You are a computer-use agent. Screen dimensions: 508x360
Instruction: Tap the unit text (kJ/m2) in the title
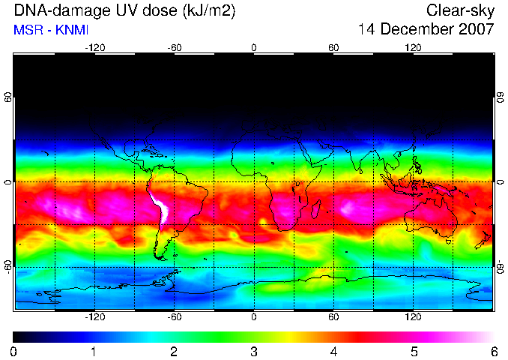click(209, 10)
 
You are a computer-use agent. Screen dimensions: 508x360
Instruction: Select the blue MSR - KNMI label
click(51, 30)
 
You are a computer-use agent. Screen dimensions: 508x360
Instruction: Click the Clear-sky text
click(460, 10)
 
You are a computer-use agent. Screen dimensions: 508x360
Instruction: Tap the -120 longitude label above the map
click(95, 48)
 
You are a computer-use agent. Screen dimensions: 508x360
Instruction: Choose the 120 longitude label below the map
click(413, 316)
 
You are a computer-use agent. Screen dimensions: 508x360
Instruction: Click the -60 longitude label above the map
click(175, 48)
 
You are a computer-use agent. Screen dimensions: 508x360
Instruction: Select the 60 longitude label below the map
click(333, 316)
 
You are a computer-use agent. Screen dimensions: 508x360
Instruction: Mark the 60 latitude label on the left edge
click(8, 97)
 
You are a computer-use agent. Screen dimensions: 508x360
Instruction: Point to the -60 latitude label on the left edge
click(8, 267)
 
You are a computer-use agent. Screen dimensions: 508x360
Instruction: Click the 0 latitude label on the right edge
click(501, 182)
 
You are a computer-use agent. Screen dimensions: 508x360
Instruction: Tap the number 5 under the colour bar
click(414, 352)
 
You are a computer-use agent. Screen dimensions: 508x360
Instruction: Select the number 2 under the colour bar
click(174, 352)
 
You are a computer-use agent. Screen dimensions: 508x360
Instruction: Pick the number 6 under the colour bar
click(495, 352)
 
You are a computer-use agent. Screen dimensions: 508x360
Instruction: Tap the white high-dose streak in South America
click(161, 208)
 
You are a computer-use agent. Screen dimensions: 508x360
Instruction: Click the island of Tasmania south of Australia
click(449, 241)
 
